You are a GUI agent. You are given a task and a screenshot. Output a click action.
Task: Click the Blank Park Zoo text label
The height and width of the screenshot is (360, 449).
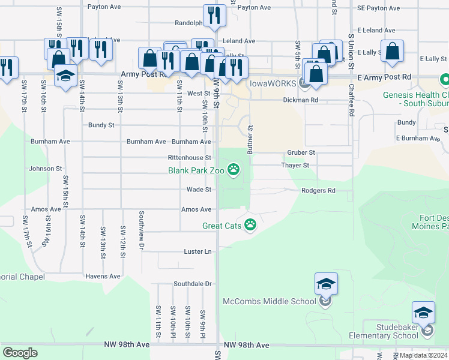pyautogui.click(x=196, y=170)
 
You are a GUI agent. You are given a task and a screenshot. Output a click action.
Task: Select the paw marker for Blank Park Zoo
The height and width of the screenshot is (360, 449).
pyautogui.click(x=234, y=171)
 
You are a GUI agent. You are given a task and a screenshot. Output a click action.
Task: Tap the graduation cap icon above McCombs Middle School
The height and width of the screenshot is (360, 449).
pyautogui.click(x=326, y=283)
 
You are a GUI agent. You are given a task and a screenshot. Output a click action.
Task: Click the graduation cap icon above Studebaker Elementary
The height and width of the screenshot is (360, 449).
pyautogui.click(x=423, y=313)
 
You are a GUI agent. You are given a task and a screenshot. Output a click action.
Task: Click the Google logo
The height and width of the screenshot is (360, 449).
pyautogui.click(x=20, y=352)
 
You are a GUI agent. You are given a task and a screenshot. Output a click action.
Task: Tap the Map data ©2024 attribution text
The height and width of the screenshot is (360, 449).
pyautogui.click(x=423, y=355)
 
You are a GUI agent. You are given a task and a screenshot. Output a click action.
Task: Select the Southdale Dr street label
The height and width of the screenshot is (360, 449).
pyautogui.click(x=193, y=283)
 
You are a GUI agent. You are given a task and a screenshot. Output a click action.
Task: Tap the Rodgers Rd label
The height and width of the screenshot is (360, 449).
pyautogui.click(x=318, y=191)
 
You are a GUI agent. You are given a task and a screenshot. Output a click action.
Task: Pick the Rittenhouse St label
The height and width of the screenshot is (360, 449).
pyautogui.click(x=189, y=157)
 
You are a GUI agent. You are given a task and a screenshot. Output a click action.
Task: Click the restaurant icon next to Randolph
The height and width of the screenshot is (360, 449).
pyautogui.click(x=214, y=16)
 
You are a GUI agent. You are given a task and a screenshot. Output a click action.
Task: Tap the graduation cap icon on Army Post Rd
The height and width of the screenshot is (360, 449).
pyautogui.click(x=65, y=76)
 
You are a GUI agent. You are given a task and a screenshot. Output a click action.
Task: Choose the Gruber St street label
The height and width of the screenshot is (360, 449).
pyautogui.click(x=301, y=153)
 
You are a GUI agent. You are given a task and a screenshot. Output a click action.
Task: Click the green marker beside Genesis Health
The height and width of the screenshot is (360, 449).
pyautogui.click(x=445, y=79)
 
